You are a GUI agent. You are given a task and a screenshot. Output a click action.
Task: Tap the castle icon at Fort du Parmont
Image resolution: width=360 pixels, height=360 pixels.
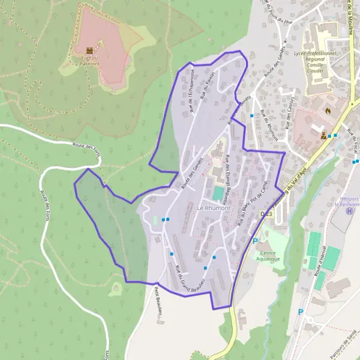(89, 49)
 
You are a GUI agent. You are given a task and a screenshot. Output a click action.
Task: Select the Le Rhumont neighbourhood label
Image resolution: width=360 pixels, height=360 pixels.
(214, 208)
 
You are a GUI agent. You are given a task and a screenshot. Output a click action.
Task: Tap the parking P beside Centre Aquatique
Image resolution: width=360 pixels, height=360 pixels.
(255, 242)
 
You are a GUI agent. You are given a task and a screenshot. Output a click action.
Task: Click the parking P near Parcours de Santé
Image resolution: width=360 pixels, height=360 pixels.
(301, 313)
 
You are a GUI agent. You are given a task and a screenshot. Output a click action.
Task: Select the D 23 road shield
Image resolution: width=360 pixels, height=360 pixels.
(266, 214)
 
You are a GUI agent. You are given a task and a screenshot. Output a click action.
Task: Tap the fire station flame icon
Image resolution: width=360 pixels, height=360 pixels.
(327, 110)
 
